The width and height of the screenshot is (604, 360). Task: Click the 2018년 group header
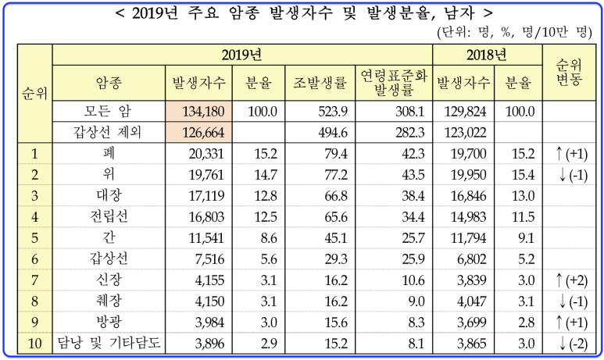[488, 55]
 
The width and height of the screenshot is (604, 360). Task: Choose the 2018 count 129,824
[466, 112]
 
